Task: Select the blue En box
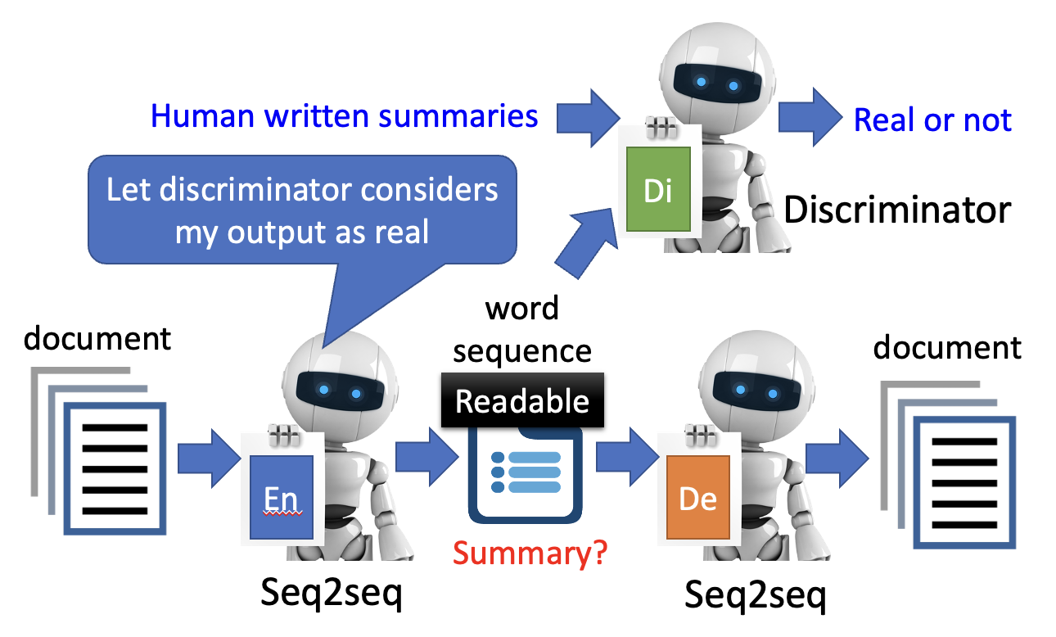(x=281, y=497)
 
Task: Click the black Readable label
(x=522, y=400)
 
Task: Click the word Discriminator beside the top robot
(x=897, y=210)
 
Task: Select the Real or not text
(x=932, y=120)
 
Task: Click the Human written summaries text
(x=345, y=115)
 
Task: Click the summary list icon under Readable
(x=525, y=477)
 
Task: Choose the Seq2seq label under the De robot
(x=755, y=595)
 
